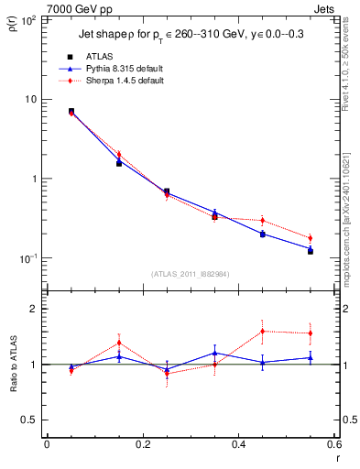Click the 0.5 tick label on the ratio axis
(x=29, y=420)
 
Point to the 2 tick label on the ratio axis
(x=33, y=309)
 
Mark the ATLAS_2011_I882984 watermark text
(x=190, y=274)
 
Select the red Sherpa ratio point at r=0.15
(x=119, y=343)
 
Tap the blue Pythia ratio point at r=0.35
(x=214, y=353)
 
